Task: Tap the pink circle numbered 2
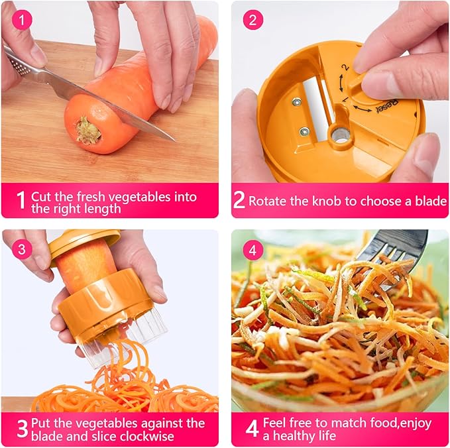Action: point(253,20)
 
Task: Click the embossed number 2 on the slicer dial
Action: point(345,68)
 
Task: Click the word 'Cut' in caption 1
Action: point(42,196)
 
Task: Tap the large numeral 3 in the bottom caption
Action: point(22,429)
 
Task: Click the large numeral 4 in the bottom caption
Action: point(252,429)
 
